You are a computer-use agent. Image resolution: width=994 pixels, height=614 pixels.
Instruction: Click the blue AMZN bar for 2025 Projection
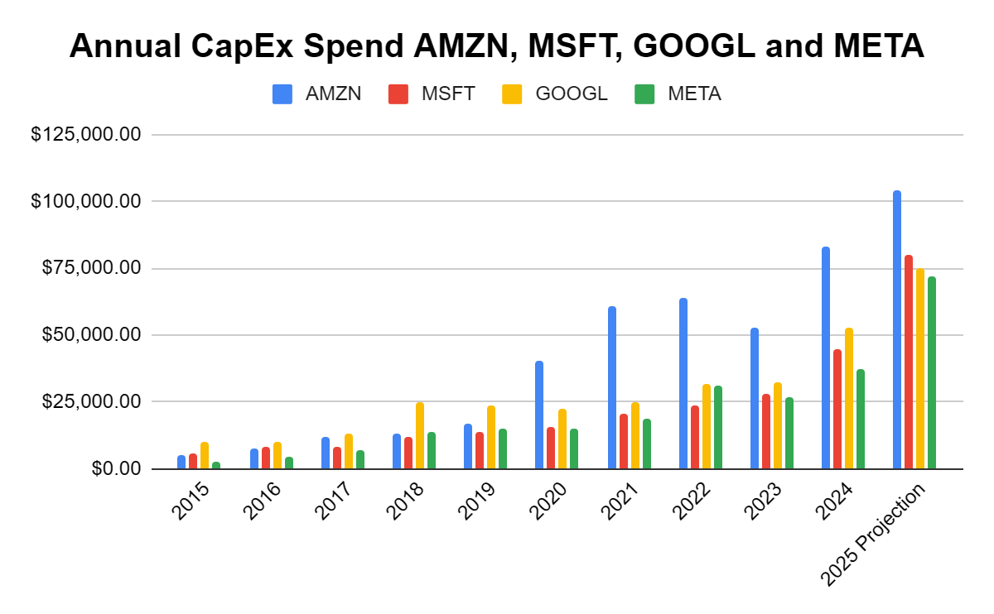[897, 331]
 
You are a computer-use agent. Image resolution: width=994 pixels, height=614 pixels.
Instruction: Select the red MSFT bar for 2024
[837, 410]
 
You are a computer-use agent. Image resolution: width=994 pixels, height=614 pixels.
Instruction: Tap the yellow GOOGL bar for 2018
[420, 436]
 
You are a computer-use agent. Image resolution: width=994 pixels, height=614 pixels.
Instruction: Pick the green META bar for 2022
[717, 428]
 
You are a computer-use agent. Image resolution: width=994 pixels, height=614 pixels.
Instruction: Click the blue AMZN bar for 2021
[612, 388]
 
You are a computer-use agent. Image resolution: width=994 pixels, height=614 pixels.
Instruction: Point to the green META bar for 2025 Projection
[932, 373]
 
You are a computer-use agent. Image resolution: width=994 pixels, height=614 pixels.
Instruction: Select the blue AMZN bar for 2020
[539, 415]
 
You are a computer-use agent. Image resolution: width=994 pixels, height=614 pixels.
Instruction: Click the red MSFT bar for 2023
[766, 432]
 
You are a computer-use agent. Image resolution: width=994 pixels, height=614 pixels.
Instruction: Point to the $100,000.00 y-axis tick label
[86, 201]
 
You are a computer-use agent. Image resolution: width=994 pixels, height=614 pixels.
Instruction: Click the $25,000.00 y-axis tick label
[86, 401]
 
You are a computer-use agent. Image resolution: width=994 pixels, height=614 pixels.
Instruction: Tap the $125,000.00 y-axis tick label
[86, 134]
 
